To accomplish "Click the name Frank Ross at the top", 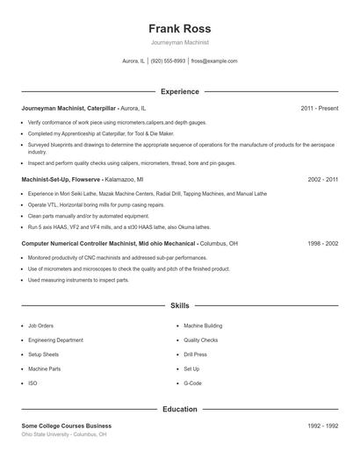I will [179, 28].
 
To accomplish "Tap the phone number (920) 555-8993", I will [168, 61].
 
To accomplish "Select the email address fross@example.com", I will [214, 61].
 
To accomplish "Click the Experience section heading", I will [179, 91].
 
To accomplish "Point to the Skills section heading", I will [179, 306].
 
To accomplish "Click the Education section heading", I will [179, 409].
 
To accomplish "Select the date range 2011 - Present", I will [319, 108].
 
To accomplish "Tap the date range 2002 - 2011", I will [322, 178].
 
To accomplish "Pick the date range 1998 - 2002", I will [322, 242].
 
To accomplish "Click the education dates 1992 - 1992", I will [322, 426].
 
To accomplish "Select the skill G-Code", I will [192, 383].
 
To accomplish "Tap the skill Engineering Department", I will [55, 340].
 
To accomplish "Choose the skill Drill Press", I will [195, 354].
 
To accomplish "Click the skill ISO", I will [32, 383].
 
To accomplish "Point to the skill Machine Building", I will [203, 325].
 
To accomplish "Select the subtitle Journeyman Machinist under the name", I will [179, 42].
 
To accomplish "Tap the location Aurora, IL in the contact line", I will [133, 61].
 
